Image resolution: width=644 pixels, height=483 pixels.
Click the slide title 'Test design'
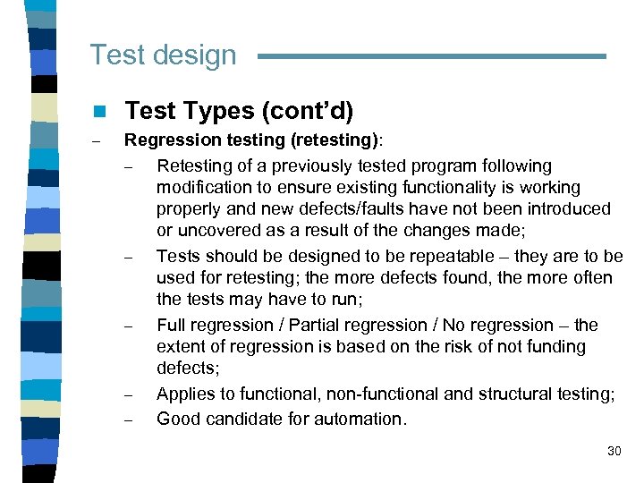tap(163, 55)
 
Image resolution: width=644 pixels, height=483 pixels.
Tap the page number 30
tap(614, 451)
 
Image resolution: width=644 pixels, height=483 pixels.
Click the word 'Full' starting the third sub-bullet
tap(173, 325)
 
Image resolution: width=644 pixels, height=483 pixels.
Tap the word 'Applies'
tap(186, 394)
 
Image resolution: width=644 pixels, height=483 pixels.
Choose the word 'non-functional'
tap(381, 394)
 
